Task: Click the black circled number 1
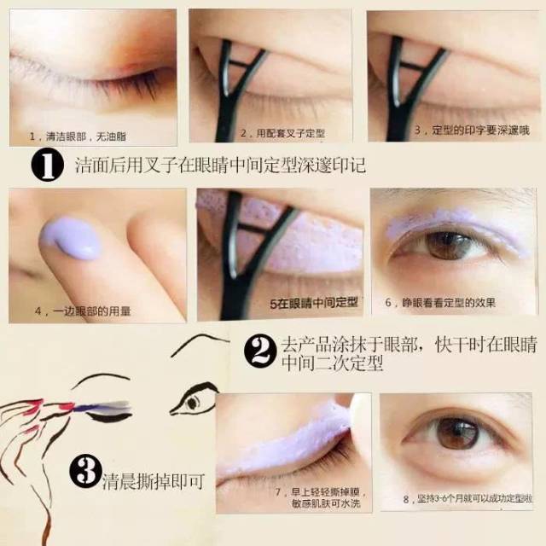click(48, 165)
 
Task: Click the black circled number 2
click(261, 351)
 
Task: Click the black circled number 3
click(85, 471)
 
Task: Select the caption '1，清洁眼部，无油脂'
click(78, 136)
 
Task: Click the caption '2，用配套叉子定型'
click(282, 133)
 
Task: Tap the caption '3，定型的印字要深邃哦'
click(472, 131)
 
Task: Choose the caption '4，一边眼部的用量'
click(83, 311)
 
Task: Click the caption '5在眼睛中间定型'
click(314, 303)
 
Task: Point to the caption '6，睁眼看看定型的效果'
click(440, 302)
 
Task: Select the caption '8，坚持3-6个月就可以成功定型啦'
click(468, 498)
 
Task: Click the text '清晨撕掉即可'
click(153, 481)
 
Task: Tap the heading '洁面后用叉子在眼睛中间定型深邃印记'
click(220, 165)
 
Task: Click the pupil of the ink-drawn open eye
click(192, 403)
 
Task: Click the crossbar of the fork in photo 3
click(413, 65)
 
